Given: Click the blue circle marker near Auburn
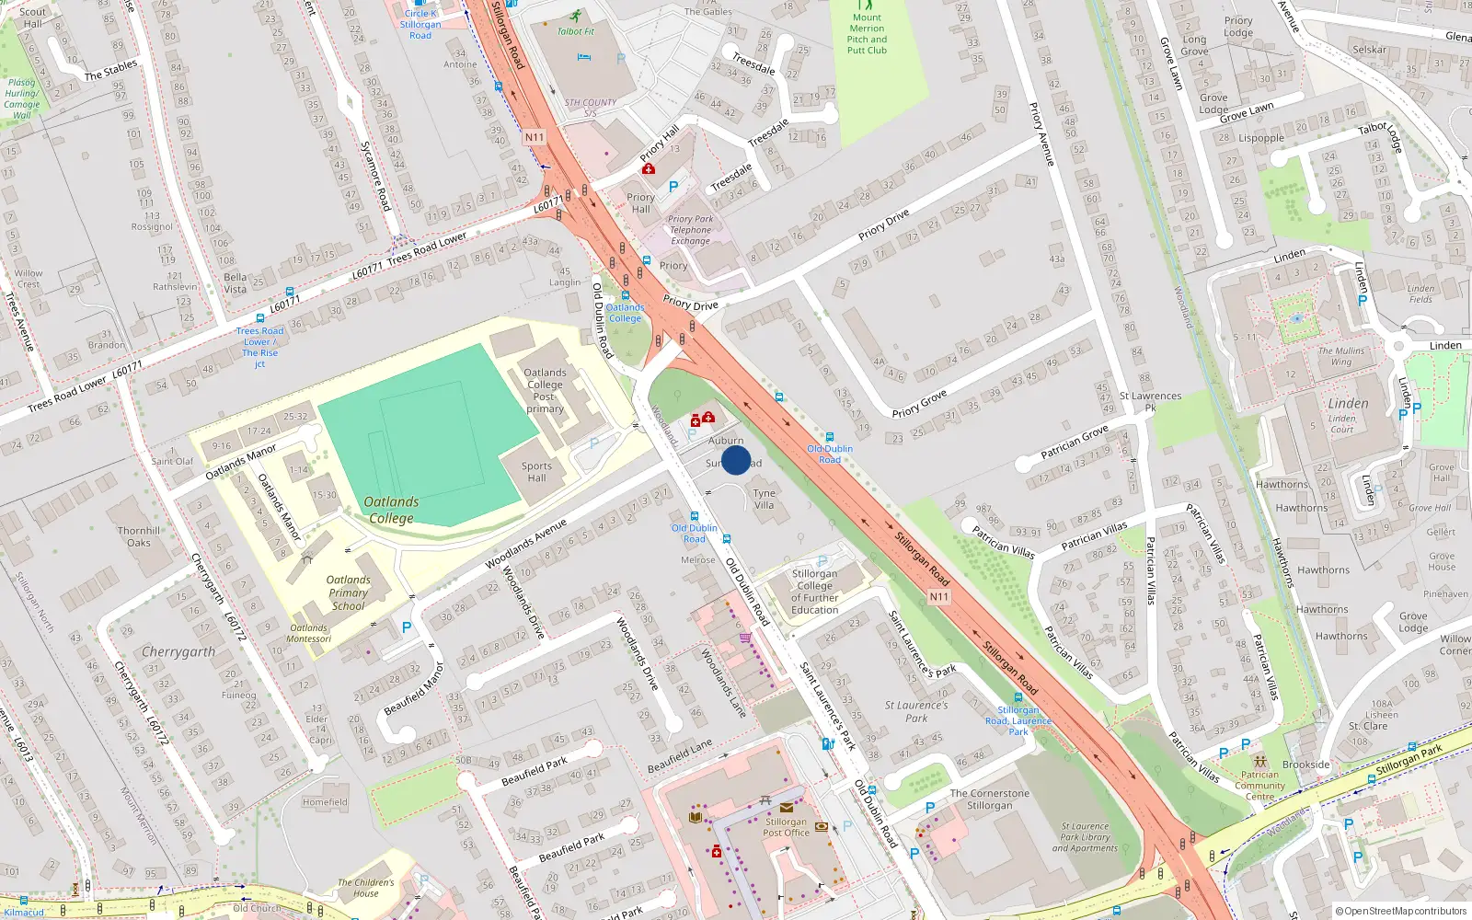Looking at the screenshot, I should click(x=736, y=460).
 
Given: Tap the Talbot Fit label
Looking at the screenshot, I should click(x=576, y=31).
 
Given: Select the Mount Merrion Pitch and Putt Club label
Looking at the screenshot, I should click(x=867, y=34).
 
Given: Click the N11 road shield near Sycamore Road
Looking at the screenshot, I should click(x=535, y=137).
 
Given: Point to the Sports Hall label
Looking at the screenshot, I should click(x=536, y=472).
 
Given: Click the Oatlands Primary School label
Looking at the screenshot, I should click(x=349, y=592).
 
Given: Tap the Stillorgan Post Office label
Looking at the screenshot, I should click(x=787, y=827).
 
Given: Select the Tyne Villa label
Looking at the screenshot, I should click(x=765, y=499).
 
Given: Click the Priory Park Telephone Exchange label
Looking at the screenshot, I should click(x=690, y=230).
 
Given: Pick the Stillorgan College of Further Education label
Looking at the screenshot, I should click(x=814, y=592).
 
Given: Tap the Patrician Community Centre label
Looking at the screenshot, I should click(x=1259, y=785).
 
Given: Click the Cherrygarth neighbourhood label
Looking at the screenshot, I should click(x=178, y=651).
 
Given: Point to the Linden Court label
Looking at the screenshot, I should click(x=1341, y=423).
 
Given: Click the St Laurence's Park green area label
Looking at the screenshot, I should click(x=916, y=711).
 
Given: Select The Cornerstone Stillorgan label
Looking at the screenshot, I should click(x=989, y=799).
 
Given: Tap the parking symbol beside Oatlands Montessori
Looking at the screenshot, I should click(x=407, y=627).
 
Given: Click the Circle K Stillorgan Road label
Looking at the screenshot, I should click(x=420, y=24).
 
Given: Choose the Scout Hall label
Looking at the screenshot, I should click(x=32, y=17).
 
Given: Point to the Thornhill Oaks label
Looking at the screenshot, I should click(x=139, y=536).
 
